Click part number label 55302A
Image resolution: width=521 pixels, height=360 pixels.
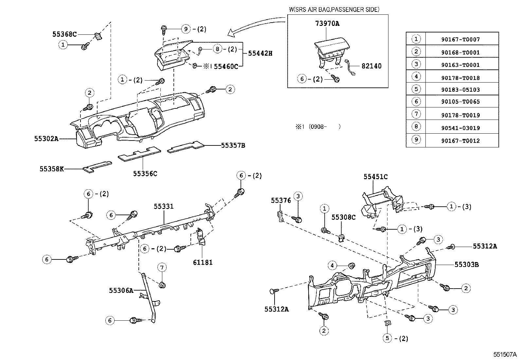tap(46, 139)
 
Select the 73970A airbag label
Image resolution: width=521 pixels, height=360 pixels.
tap(327, 24)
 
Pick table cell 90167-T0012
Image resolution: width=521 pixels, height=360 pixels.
tap(460, 141)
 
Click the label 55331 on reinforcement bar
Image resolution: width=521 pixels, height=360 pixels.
tap(164, 206)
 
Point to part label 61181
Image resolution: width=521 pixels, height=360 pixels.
tap(202, 262)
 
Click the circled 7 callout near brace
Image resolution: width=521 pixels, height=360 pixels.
tap(162, 268)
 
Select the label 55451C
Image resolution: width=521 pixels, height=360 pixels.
tap(375, 177)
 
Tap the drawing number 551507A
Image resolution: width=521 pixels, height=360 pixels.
tap(505, 355)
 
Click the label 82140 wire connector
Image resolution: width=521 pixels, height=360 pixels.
tap(371, 66)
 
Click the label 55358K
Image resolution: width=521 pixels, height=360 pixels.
tap(52, 169)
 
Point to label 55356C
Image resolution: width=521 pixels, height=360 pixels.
tap(145, 174)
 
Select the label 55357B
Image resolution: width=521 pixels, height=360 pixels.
tap(233, 145)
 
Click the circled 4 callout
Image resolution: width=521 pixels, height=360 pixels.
tap(332, 265)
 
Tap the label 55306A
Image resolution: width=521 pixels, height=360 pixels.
tap(121, 290)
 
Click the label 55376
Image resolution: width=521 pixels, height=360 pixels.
tap(281, 200)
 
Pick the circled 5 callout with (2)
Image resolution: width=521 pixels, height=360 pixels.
tap(388, 338)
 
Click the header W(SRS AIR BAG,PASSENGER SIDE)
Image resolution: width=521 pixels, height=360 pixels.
tap(334, 9)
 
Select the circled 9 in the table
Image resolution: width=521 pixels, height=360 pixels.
tap(416, 140)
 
